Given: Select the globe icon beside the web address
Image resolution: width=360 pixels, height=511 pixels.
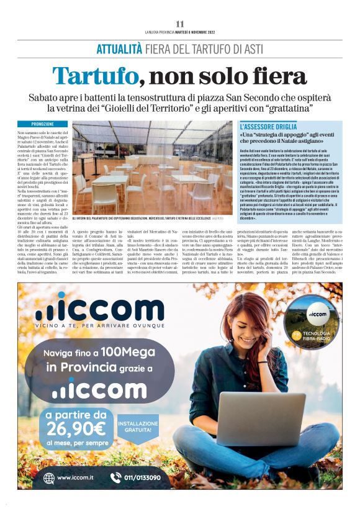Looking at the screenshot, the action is point(48,477).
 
